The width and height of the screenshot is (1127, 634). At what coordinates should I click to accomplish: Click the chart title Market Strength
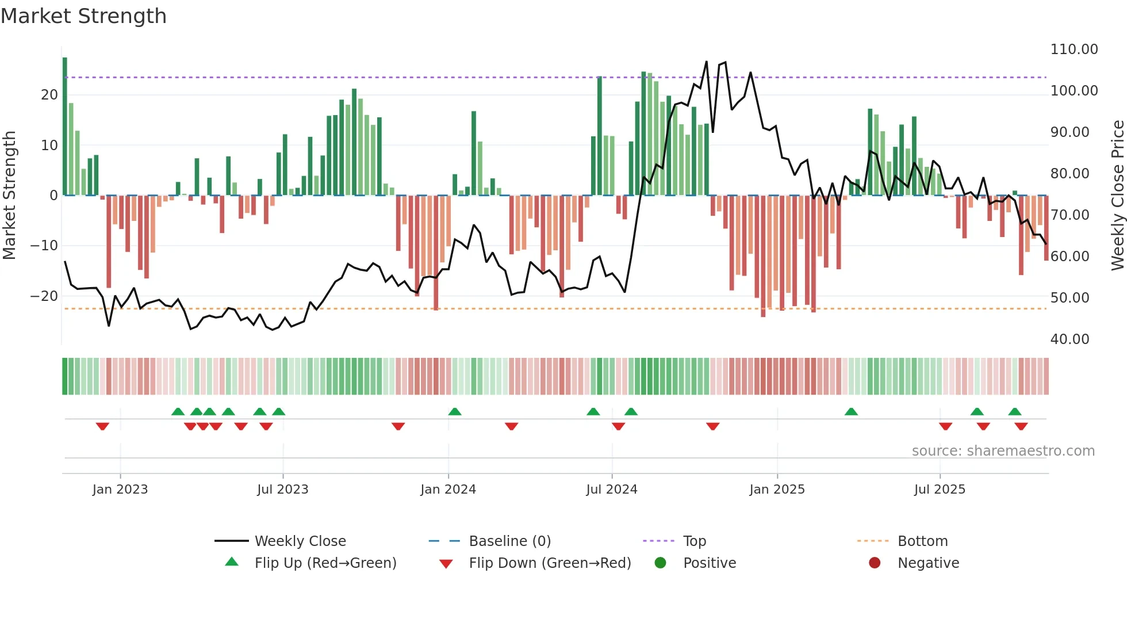83,16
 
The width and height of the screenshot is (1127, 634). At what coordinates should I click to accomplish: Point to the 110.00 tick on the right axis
1074,49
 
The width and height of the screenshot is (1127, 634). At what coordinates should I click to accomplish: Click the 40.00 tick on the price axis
1069,339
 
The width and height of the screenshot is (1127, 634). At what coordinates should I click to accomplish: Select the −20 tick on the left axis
44,296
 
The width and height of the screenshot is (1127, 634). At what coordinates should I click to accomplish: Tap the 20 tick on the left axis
49,95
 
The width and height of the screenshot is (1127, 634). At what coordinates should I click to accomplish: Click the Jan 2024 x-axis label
448,490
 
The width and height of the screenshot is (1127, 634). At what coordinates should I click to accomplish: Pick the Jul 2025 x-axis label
940,490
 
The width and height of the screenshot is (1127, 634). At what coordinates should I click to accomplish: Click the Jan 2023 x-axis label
120,490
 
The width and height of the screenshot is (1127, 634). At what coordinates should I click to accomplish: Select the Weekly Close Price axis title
1117,195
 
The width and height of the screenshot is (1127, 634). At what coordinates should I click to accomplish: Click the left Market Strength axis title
9,195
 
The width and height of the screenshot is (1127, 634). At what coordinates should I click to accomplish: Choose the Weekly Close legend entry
300,541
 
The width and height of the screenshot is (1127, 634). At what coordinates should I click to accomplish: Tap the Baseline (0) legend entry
509,541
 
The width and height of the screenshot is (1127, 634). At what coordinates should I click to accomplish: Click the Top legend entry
694,541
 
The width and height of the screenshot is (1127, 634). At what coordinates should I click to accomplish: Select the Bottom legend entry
922,541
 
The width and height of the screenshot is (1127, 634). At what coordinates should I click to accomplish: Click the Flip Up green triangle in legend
232,562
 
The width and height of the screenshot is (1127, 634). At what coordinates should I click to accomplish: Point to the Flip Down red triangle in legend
446,564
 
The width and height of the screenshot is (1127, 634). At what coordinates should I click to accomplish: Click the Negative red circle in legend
875,563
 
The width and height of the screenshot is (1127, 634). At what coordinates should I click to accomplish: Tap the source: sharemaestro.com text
1003,451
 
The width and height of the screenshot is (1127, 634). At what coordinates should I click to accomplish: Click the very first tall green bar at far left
65,127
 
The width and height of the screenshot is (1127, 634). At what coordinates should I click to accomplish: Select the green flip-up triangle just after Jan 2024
455,412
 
